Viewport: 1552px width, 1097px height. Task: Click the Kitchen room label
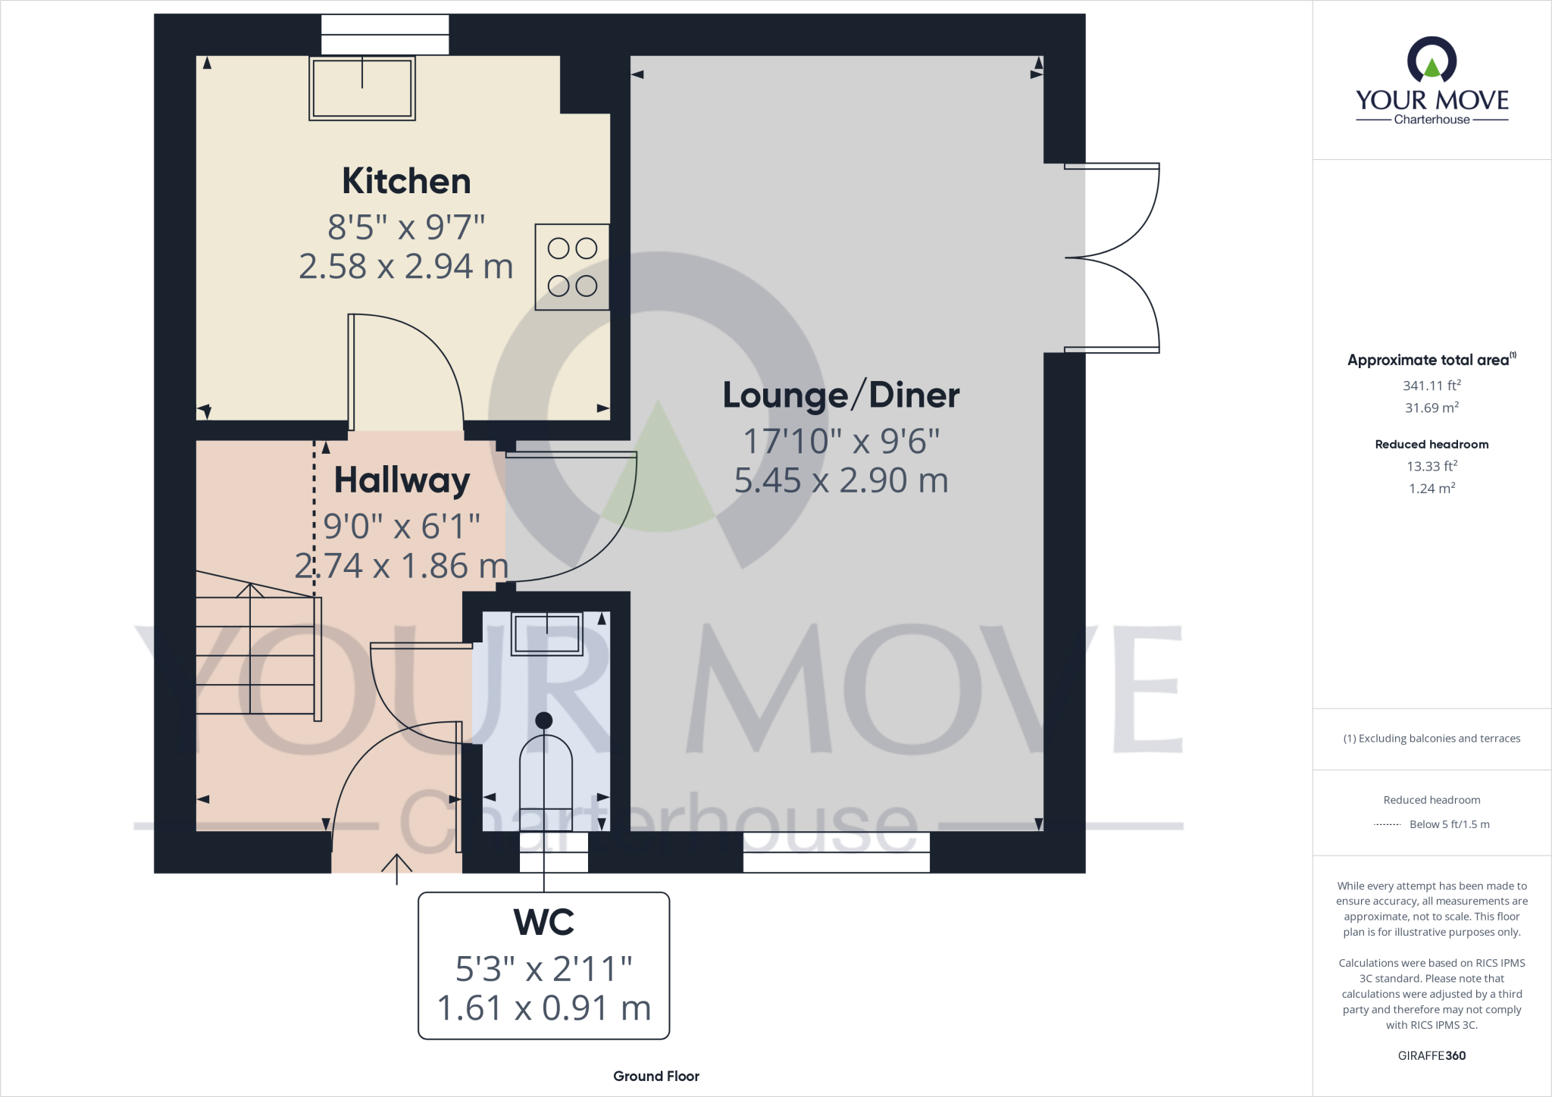click(406, 181)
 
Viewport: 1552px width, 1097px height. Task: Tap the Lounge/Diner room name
click(840, 395)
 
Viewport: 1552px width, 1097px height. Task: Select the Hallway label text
click(402, 480)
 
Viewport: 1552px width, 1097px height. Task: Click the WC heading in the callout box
click(544, 922)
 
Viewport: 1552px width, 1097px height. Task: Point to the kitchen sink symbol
click(362, 88)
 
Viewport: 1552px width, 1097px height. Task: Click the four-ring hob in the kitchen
click(572, 267)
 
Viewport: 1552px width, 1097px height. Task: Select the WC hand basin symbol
click(546, 633)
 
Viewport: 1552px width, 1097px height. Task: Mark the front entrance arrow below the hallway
click(396, 867)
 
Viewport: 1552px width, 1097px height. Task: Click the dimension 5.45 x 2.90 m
click(841, 480)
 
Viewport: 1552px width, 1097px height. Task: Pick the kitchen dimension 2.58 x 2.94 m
click(406, 267)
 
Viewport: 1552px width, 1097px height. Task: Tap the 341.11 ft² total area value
click(1432, 386)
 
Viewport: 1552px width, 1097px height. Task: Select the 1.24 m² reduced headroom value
click(1432, 489)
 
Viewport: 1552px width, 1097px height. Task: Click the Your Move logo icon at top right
click(1432, 61)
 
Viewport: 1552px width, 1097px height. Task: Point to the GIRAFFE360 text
click(1432, 1055)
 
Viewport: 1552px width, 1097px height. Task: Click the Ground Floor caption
click(656, 1076)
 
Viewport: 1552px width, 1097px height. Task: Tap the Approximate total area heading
click(1429, 361)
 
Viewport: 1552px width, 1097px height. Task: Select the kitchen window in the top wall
click(385, 35)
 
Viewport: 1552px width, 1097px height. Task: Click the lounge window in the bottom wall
click(836, 852)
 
